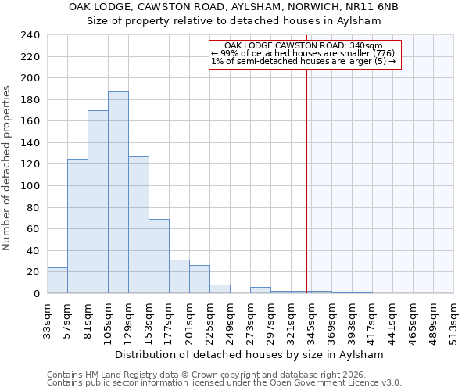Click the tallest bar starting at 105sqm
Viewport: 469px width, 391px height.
click(x=118, y=192)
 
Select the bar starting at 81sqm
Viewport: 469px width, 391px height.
click(x=98, y=202)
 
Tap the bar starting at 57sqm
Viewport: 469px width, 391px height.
click(x=77, y=226)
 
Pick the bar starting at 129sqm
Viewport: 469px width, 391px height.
click(x=138, y=225)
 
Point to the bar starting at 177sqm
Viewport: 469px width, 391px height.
click(x=179, y=277)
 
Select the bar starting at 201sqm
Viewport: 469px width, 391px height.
click(x=199, y=279)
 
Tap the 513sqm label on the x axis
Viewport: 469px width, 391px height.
click(x=453, y=319)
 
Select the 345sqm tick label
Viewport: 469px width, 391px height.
click(x=311, y=319)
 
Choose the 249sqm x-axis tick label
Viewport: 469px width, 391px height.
click(x=230, y=319)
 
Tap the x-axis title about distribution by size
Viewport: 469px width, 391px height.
click(x=249, y=354)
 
